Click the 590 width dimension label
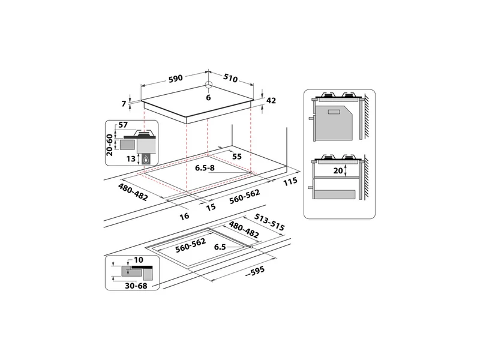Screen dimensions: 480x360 click(x=176, y=79)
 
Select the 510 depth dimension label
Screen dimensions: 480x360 click(x=230, y=79)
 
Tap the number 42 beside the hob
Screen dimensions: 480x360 click(x=271, y=100)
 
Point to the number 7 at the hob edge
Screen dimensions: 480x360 click(x=124, y=104)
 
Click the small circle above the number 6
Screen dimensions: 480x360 click(x=208, y=85)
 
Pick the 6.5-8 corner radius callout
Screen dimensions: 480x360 click(x=205, y=168)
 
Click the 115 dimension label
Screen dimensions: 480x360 click(x=290, y=181)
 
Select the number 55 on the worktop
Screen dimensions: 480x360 click(x=237, y=157)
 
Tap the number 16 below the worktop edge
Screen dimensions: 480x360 click(x=184, y=216)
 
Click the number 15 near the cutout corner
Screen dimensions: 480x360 click(x=211, y=207)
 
